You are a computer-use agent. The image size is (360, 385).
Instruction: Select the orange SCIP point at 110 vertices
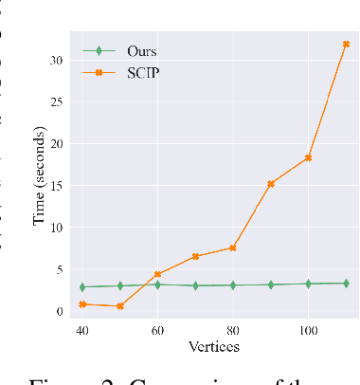tap(346, 44)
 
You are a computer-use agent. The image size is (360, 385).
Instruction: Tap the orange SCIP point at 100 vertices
tap(308, 157)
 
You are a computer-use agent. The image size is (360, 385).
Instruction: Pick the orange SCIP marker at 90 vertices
tap(271, 184)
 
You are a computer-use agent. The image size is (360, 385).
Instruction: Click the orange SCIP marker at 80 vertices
tap(233, 247)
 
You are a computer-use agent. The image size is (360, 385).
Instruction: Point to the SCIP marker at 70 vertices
tap(195, 256)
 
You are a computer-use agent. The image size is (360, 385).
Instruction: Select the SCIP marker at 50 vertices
tap(120, 306)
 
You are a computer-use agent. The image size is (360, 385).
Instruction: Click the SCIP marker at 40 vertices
tap(83, 304)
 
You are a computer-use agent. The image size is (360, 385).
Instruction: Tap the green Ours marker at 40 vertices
tap(83, 286)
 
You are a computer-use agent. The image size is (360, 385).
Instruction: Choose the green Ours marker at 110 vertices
tap(346, 283)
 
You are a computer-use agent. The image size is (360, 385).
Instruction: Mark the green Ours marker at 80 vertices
tap(233, 284)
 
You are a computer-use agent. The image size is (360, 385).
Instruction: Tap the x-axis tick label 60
tap(158, 331)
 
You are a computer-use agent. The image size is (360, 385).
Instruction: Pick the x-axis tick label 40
tap(83, 331)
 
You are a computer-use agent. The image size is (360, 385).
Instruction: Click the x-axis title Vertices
tap(214, 346)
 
